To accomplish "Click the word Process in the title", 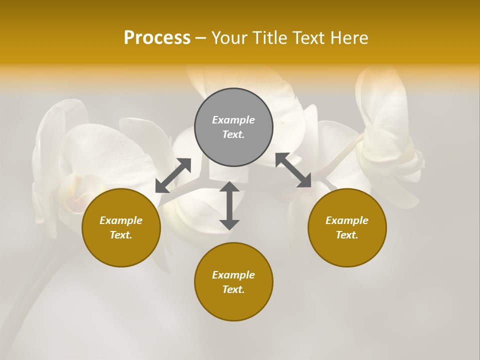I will (157, 38).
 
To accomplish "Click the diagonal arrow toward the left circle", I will (173, 175).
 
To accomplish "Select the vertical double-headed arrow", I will (229, 205).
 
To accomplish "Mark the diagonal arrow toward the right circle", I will (293, 170).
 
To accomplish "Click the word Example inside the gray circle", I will (233, 120).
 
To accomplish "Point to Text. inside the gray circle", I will (233, 134).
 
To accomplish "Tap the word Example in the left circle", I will (121, 220).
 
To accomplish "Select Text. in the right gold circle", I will (347, 235).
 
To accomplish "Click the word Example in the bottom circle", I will (233, 275).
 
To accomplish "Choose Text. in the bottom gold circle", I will (233, 289).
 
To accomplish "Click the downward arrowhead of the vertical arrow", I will (229, 224).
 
